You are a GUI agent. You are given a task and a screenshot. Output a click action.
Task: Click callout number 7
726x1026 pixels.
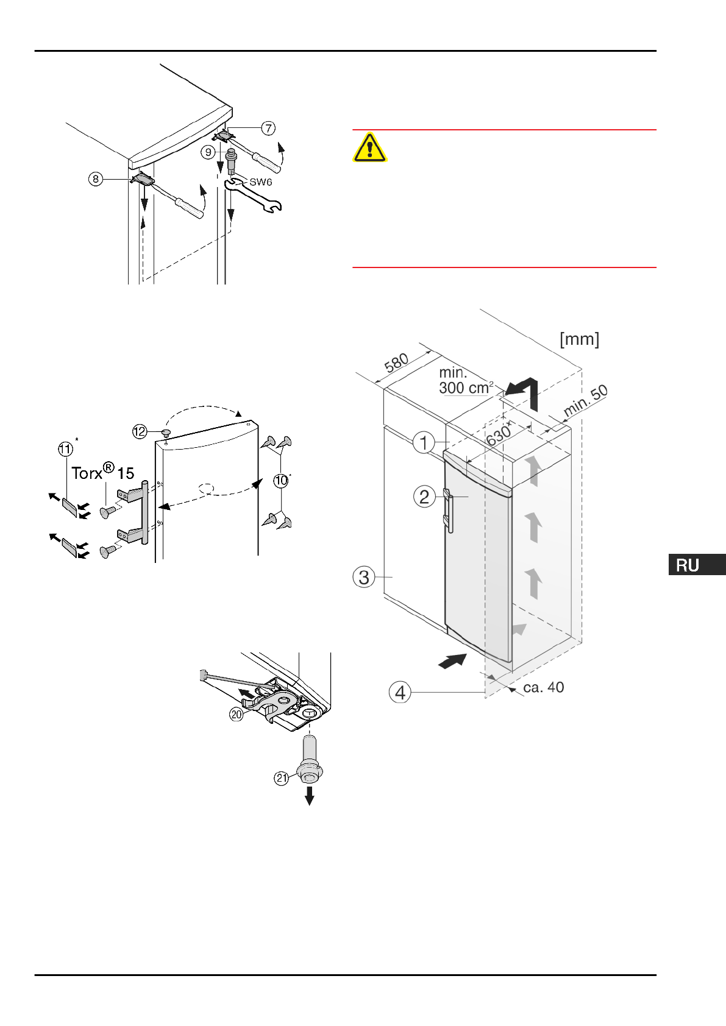[268, 128]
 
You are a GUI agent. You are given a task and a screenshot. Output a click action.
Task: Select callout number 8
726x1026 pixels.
[95, 179]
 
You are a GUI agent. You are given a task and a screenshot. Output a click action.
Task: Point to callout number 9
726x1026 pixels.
[208, 152]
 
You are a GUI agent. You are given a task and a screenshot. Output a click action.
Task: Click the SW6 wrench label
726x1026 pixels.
[260, 182]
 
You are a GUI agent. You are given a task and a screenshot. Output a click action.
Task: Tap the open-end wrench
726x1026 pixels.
[253, 197]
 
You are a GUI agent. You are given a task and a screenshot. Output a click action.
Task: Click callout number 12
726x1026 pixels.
[140, 431]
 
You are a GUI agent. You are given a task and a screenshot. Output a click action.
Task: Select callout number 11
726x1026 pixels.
[65, 449]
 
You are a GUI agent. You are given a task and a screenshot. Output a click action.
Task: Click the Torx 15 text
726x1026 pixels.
[102, 473]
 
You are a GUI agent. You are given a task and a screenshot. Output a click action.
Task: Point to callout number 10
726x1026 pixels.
[280, 481]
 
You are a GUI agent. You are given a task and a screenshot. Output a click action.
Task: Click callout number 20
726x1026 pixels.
[236, 714]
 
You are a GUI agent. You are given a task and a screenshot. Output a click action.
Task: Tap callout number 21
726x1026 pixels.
[281, 778]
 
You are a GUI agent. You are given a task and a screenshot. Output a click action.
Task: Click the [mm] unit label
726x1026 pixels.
[579, 339]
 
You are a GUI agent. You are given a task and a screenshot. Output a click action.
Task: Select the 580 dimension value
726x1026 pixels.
[396, 364]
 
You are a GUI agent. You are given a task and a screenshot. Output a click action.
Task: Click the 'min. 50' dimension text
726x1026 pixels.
[585, 401]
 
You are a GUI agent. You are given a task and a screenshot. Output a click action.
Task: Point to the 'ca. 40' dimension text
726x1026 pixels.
[543, 687]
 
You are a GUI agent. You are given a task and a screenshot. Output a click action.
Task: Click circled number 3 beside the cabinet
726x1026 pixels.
[364, 576]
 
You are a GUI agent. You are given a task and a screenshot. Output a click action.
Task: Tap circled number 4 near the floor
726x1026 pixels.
[400, 692]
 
